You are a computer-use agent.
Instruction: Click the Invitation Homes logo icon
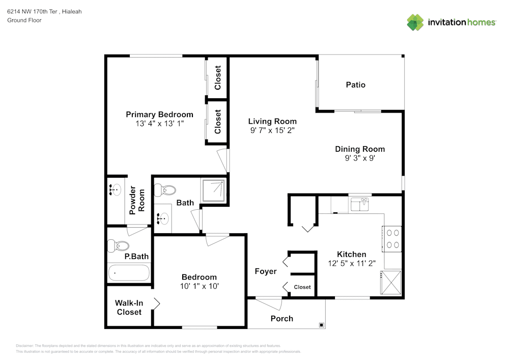click(415, 22)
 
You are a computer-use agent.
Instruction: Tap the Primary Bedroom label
click(159, 115)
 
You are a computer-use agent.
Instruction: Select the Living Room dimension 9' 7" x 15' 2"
click(272, 130)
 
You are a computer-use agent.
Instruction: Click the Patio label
click(355, 85)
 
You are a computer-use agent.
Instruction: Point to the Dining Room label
click(359, 149)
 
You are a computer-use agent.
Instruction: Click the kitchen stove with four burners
click(392, 238)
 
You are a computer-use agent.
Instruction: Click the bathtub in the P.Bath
click(129, 273)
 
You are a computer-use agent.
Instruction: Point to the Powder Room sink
click(115, 190)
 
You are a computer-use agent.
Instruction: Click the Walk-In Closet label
click(129, 308)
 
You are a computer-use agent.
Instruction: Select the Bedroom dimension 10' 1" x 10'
click(200, 286)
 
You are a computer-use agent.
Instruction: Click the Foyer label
click(266, 271)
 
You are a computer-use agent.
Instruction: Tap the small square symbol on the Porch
click(322, 324)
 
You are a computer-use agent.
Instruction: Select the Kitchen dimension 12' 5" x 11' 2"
click(351, 263)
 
